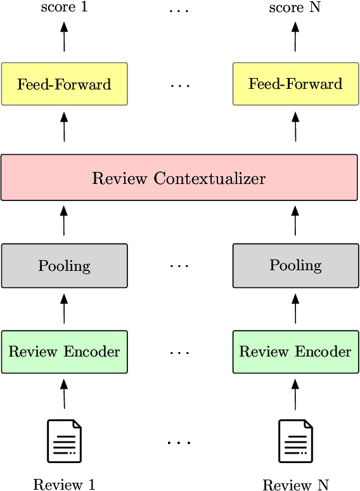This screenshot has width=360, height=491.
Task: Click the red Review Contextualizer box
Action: click(x=179, y=178)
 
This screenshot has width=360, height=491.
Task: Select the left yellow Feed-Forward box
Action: click(x=64, y=84)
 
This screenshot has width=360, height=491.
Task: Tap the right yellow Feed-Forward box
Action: click(x=295, y=84)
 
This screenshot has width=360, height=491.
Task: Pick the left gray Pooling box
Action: click(x=64, y=265)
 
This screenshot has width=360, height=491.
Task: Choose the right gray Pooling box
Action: click(x=295, y=265)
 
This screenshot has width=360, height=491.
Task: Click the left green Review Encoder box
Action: click(x=64, y=351)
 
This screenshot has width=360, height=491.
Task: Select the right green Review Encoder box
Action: click(x=295, y=351)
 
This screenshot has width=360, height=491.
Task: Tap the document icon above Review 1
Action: click(x=64, y=441)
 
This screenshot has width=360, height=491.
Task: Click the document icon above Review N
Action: click(x=295, y=441)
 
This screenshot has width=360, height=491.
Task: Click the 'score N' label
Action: click(x=295, y=8)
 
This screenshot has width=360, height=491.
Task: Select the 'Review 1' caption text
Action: click(x=64, y=485)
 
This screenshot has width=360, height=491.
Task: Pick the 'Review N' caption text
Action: click(x=295, y=485)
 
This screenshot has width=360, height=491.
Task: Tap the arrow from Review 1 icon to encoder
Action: click(x=63, y=393)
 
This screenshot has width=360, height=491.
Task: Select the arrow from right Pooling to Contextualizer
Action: click(x=295, y=220)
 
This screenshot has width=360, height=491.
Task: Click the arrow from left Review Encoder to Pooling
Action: click(x=63, y=308)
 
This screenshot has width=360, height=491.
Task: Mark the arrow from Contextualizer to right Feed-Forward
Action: click(x=295, y=127)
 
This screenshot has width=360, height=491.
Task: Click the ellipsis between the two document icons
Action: click(x=179, y=443)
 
